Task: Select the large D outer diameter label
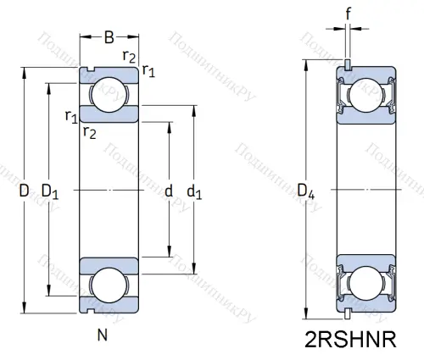(x=24, y=192)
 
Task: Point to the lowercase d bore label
(x=169, y=192)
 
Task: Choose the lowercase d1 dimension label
(x=194, y=192)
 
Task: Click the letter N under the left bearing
(x=102, y=333)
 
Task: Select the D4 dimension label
(x=307, y=197)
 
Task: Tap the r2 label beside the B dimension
(x=129, y=57)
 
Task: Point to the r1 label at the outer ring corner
(x=149, y=70)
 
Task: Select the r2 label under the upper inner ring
(x=89, y=130)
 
